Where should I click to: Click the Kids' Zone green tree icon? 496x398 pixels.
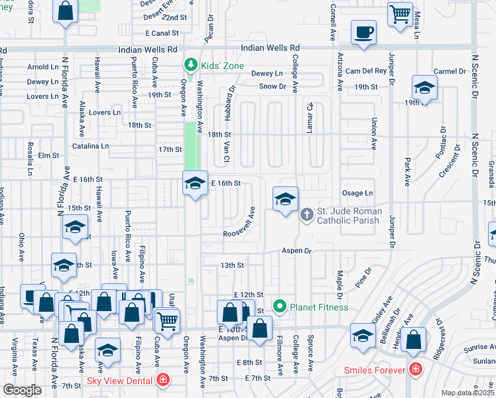(x=191, y=64)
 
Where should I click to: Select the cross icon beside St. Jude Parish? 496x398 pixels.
(x=306, y=214)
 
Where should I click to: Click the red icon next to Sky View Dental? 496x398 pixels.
(x=163, y=380)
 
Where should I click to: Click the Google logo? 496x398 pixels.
(x=21, y=390)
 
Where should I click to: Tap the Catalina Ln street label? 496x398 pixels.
(x=91, y=145)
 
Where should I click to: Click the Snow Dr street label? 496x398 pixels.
(x=272, y=86)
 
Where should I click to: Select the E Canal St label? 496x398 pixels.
(x=157, y=33)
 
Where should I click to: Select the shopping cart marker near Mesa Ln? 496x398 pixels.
(x=401, y=14)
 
